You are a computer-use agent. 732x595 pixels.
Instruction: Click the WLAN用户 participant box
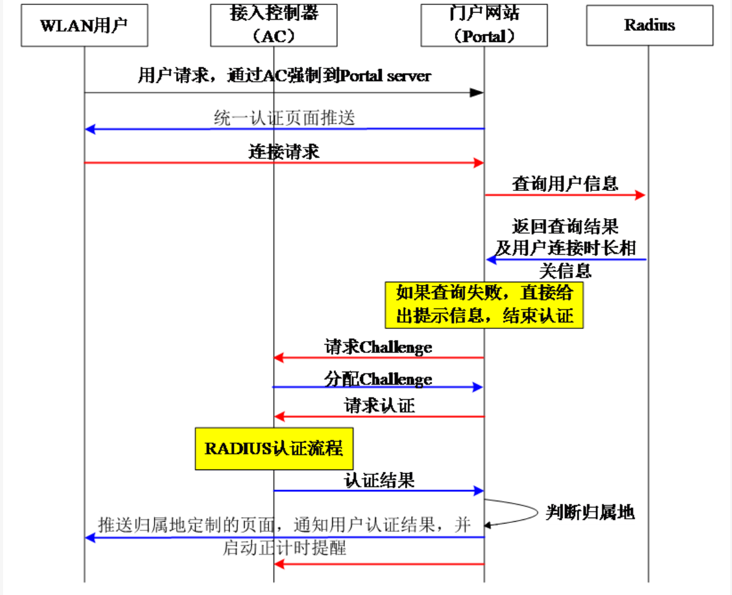84,25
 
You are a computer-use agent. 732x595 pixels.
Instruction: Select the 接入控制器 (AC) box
273,25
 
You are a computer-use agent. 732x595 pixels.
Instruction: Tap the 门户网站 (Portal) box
484,25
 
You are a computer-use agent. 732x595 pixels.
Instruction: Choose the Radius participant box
649,25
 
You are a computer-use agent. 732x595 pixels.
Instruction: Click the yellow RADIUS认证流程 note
273,449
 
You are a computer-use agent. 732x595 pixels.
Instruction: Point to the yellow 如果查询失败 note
484,305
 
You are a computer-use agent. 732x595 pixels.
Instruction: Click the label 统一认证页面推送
284,118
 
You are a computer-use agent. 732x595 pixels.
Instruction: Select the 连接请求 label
284,152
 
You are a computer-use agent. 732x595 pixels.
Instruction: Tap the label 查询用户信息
565,184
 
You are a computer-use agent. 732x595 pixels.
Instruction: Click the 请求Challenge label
379,347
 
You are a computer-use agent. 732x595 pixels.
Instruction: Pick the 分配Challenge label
379,379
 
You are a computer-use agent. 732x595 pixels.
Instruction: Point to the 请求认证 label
379,406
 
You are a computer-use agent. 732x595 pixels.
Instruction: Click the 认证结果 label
379,480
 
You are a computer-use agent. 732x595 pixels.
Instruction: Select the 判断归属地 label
590,512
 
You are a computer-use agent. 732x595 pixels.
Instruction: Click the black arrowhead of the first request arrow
476,92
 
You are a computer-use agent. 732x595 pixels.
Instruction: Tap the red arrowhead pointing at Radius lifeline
640,195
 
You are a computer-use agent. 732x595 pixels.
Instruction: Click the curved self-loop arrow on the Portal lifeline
535,512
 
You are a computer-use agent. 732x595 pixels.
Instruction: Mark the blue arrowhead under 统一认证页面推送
91,129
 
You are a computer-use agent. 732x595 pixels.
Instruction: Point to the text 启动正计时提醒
284,548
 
